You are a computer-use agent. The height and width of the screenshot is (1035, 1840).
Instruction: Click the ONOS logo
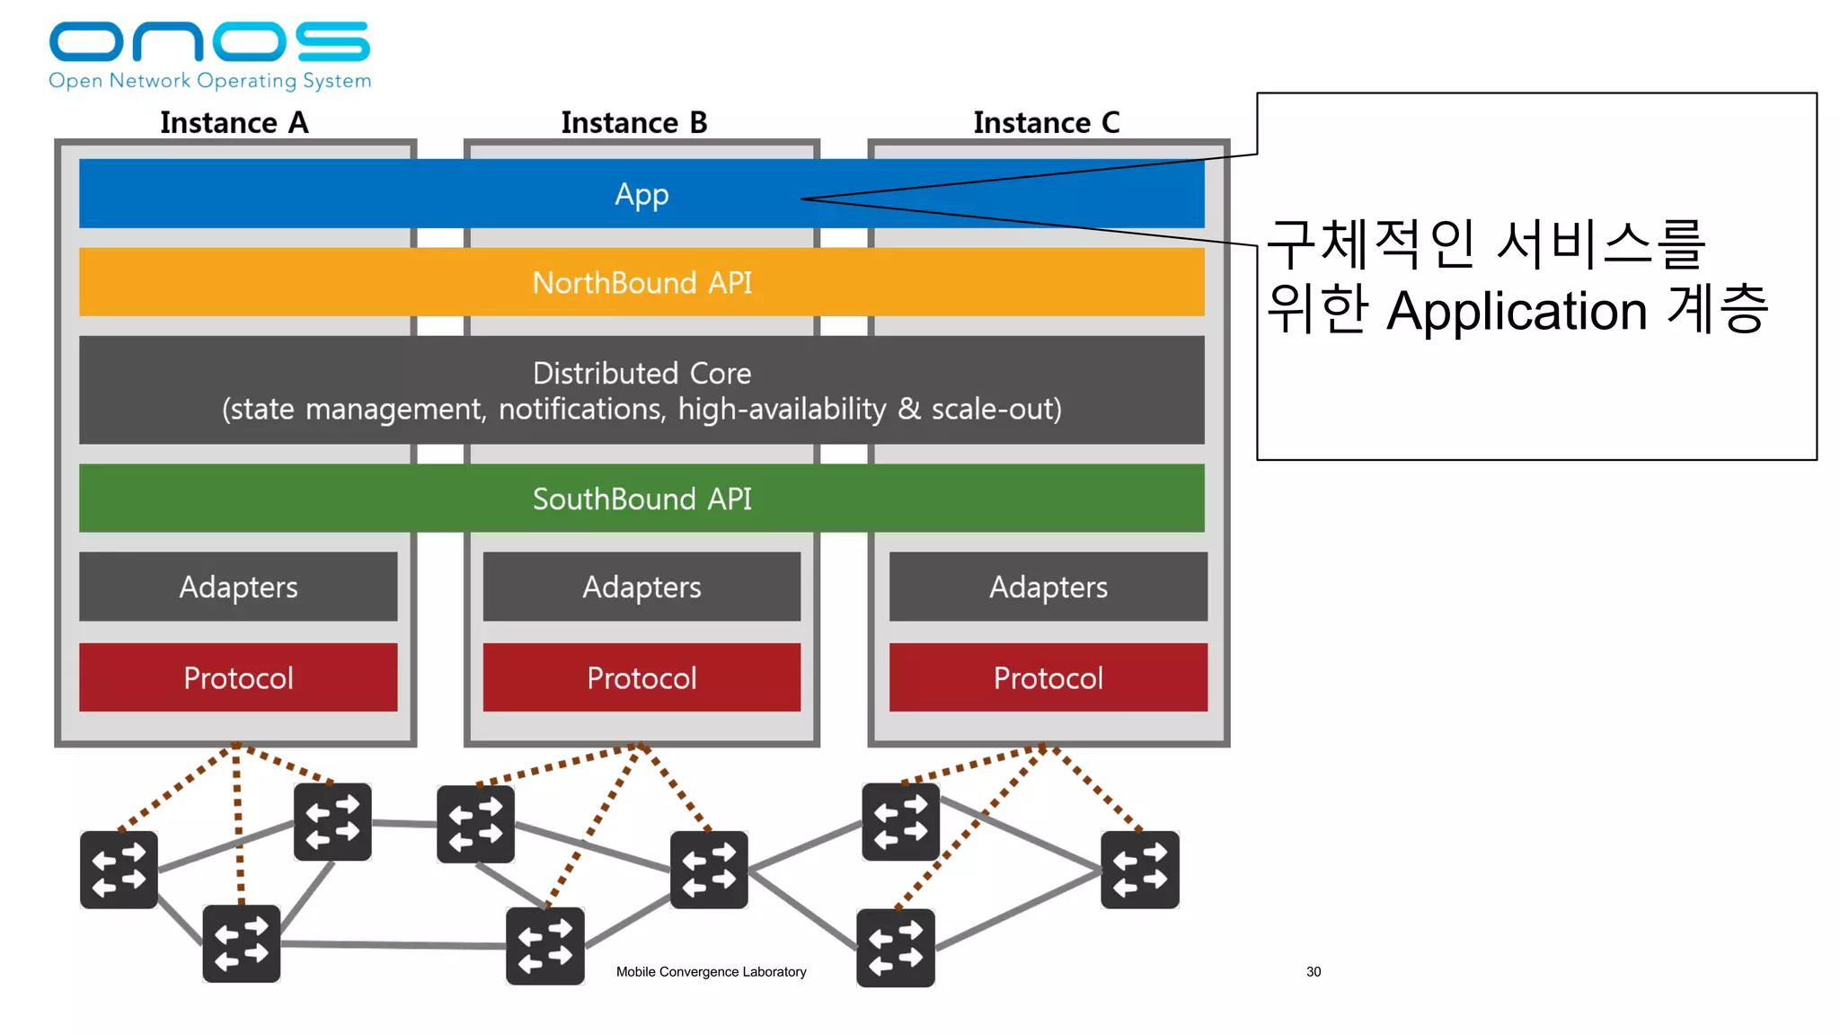tap(209, 42)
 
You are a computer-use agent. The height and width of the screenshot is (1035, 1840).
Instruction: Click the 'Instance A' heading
tap(234, 122)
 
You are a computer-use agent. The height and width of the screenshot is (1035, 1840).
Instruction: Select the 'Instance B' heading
tap(634, 122)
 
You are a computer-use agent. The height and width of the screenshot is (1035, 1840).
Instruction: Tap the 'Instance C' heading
tap(1047, 122)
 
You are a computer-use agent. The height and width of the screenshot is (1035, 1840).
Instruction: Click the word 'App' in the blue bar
tap(641, 194)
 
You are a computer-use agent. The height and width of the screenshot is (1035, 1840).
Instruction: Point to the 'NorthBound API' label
tap(641, 283)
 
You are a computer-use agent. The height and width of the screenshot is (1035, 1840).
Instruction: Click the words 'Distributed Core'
tap(641, 373)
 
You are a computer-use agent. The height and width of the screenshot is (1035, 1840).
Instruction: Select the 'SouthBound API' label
tap(641, 499)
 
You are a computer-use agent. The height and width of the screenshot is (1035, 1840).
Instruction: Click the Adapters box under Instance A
tap(238, 587)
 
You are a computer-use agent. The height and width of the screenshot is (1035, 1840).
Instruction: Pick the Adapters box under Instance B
tap(641, 587)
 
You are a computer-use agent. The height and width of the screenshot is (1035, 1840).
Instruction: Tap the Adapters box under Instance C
tap(1048, 587)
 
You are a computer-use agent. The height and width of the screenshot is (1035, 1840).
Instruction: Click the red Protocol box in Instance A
tap(238, 677)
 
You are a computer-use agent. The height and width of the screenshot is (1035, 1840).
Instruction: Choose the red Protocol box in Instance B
tap(641, 677)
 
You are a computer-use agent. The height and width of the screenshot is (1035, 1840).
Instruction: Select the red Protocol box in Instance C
tap(1048, 677)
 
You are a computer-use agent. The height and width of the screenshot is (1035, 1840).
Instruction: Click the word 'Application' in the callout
tap(1517, 311)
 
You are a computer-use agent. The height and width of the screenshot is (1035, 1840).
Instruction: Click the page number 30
tap(1314, 971)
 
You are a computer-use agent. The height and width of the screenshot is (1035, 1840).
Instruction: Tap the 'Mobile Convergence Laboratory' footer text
tap(711, 971)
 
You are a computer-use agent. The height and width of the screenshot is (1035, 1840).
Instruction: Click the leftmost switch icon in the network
tap(119, 870)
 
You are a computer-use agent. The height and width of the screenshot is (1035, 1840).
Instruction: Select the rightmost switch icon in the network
tap(1139, 870)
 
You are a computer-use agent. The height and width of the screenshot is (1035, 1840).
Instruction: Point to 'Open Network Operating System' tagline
tap(209, 81)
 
